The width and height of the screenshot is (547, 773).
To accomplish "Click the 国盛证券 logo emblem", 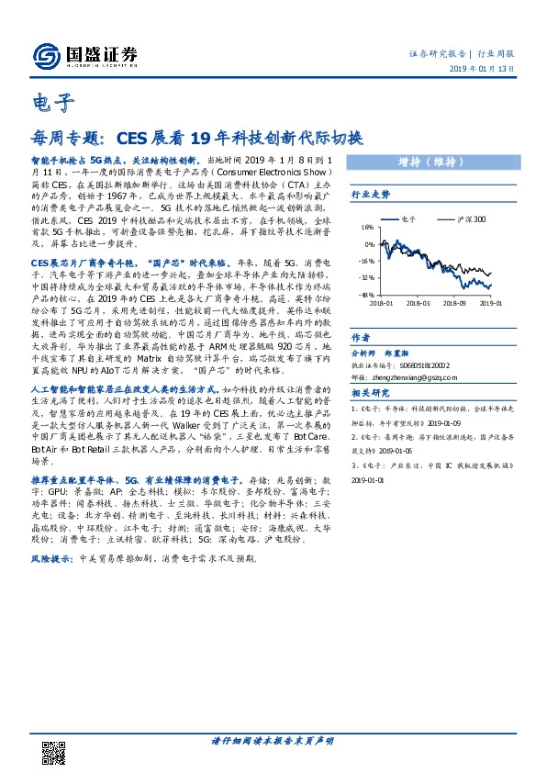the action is (43, 56).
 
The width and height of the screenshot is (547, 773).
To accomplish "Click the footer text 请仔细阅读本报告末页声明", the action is (273, 740).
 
